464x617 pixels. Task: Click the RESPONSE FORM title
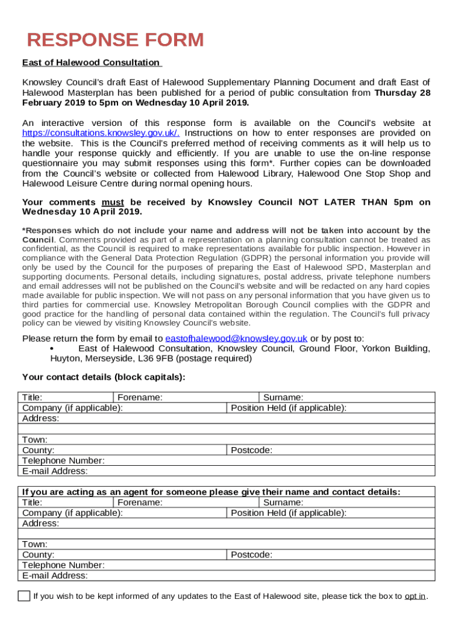[x=116, y=40]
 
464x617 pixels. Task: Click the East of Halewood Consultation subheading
[x=91, y=63]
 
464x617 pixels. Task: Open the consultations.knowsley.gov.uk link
[x=101, y=133]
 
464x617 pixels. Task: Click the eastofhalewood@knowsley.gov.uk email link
[x=236, y=339]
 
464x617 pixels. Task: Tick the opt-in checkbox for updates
[x=24, y=597]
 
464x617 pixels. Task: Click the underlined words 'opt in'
[x=415, y=597]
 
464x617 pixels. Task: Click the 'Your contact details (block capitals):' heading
[x=104, y=378]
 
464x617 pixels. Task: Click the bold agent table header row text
[x=211, y=492]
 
